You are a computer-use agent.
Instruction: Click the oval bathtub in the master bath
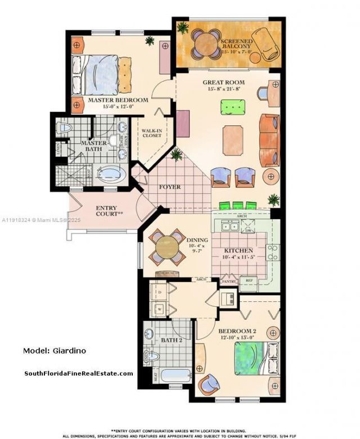click(113, 174)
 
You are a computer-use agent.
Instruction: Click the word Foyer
click(170, 187)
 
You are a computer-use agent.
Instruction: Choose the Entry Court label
click(106, 211)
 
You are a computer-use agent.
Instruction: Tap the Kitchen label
click(238, 251)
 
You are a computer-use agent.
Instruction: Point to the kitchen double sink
click(229, 227)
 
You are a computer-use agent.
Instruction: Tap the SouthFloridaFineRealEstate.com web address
click(78, 373)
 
